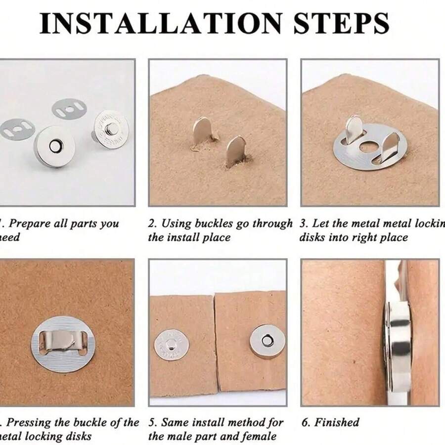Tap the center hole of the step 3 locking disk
coord(367,146)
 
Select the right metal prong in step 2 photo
coord(236,151)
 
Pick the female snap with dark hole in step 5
coord(267,341)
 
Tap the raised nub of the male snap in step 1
coord(112,129)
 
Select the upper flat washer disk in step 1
coord(69,108)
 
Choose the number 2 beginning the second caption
coord(151,223)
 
